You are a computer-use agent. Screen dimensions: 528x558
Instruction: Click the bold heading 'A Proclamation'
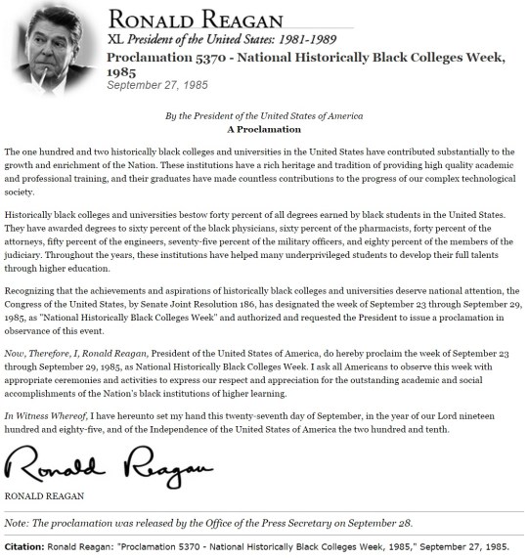[x=263, y=129]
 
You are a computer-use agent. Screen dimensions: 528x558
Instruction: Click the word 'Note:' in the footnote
[x=21, y=521]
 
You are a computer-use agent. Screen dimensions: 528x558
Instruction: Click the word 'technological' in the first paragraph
[x=468, y=178]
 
